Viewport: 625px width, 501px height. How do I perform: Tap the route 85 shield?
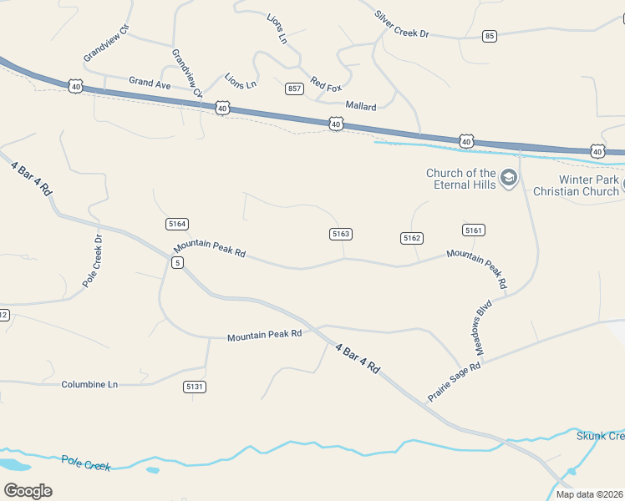[x=490, y=35]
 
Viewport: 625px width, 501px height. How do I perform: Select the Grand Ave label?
[x=150, y=83]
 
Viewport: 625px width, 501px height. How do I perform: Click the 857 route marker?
[x=294, y=89]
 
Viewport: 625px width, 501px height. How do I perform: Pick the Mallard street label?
[x=361, y=107]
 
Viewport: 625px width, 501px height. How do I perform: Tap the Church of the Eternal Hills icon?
[x=509, y=178]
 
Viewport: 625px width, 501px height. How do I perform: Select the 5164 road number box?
[x=177, y=224]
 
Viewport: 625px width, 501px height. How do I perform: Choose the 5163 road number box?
[x=340, y=234]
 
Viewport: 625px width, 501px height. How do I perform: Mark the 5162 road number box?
[x=412, y=238]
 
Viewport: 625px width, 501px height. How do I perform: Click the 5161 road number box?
[x=474, y=230]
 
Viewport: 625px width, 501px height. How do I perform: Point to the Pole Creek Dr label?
[x=92, y=261]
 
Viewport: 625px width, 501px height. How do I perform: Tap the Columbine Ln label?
[x=89, y=384]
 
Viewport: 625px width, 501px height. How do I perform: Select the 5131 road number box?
[x=195, y=387]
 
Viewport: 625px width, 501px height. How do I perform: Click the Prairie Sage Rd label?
[x=455, y=382]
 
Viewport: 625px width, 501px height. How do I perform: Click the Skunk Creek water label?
[x=600, y=436]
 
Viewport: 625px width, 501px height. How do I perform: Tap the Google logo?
[x=28, y=490]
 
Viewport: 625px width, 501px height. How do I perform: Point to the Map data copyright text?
[x=589, y=494]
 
